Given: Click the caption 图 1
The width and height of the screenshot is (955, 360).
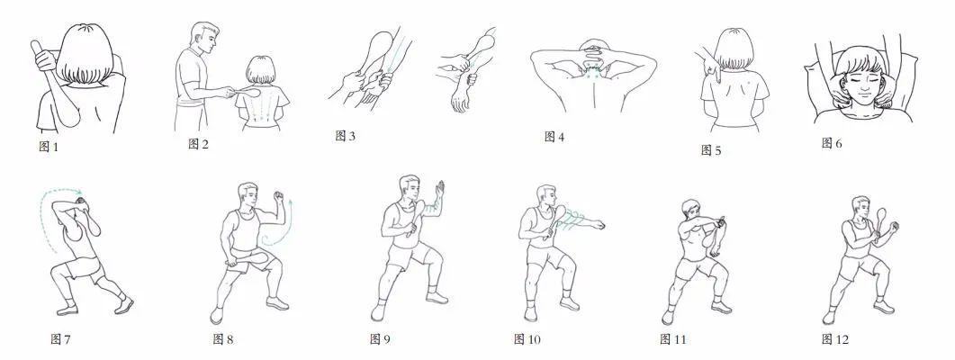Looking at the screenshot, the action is [49, 146].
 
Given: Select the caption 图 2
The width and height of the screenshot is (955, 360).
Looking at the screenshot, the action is [199, 144].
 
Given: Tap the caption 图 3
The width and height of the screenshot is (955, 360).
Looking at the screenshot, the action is [346, 136].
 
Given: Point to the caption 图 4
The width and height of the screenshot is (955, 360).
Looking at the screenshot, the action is [554, 137].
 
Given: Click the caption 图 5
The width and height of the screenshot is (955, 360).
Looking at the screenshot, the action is [711, 149].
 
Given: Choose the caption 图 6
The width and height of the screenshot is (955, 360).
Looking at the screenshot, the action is [832, 143].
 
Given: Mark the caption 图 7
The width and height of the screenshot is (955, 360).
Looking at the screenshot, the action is [60, 339].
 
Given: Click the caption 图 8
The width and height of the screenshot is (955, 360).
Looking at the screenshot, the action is [223, 339].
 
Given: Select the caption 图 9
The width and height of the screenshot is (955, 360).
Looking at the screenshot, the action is [380, 339].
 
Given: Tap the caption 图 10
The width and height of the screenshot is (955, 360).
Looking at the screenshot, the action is [527, 339].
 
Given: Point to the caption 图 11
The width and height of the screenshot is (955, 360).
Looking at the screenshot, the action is [673, 339].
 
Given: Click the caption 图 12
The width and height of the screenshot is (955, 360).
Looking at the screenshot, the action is [835, 339].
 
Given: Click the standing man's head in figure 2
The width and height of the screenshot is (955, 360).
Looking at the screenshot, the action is [204, 38].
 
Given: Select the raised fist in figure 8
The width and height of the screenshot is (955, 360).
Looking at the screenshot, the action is [279, 197].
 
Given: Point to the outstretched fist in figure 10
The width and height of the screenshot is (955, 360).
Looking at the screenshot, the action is [599, 225].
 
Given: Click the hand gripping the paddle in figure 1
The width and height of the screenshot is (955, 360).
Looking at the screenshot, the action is [45, 60].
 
